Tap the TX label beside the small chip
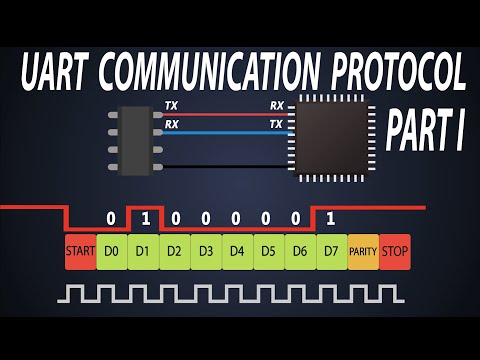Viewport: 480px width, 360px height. [171, 105]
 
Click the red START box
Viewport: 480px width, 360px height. [80, 251]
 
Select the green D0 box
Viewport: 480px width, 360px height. [111, 251]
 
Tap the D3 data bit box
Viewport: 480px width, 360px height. [206, 251]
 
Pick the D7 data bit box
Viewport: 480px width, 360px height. [331, 251]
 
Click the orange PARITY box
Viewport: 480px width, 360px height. [363, 251]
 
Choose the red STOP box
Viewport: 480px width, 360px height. [395, 251]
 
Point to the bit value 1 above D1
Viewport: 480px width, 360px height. [143, 218]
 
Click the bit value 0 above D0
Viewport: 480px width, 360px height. [111, 218]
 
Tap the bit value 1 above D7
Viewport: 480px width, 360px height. [331, 218]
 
